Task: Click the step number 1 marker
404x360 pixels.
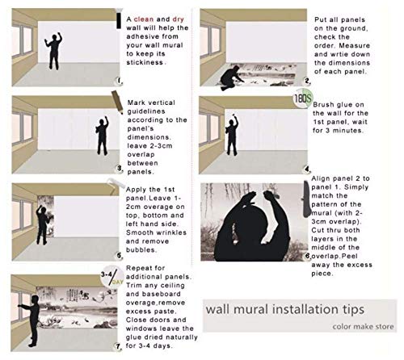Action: click(x=119, y=81)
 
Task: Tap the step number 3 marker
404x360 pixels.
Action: click(x=119, y=169)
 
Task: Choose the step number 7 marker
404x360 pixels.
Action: click(x=119, y=345)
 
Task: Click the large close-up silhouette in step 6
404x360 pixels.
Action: click(x=250, y=226)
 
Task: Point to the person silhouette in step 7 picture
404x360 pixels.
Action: click(x=32, y=319)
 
